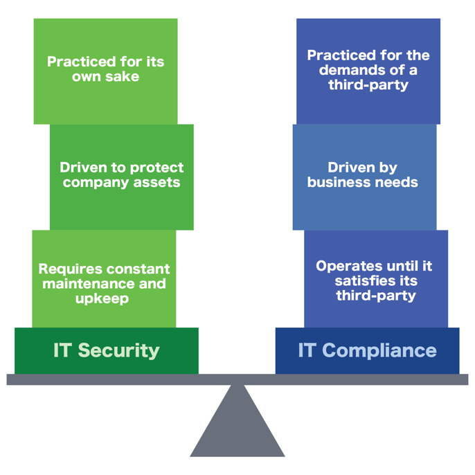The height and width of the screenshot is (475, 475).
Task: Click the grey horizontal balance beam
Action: point(238,379)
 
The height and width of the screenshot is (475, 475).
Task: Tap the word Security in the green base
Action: point(118,350)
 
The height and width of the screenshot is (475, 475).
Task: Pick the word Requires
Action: point(70,269)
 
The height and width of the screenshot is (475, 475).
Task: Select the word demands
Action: point(361,70)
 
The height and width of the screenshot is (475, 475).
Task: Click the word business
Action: point(338,183)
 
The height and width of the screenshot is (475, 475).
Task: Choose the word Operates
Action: point(349,266)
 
